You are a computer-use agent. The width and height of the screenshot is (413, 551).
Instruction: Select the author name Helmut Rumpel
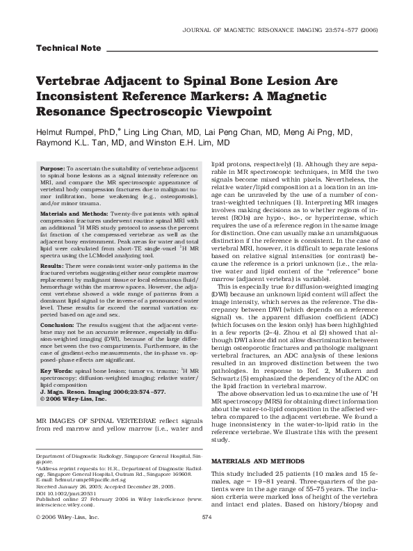(70, 130)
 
